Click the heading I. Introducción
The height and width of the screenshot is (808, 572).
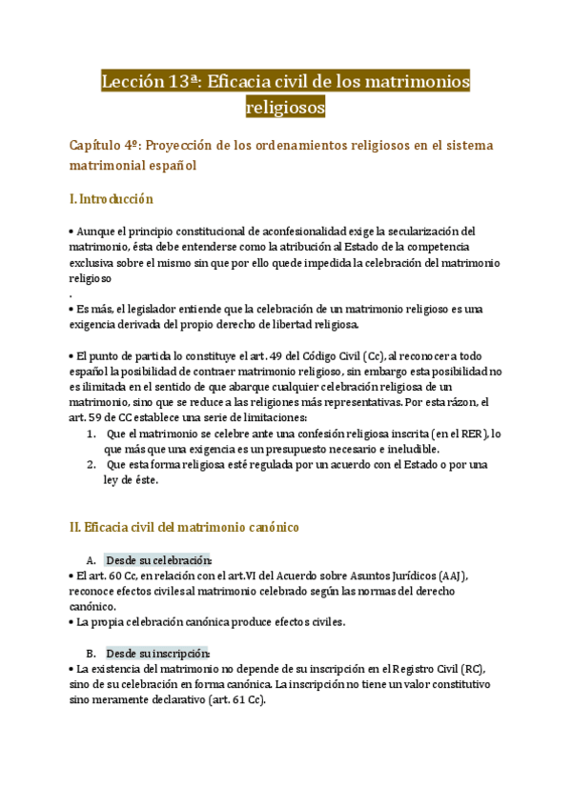click(x=112, y=199)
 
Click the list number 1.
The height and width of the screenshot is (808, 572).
click(x=90, y=434)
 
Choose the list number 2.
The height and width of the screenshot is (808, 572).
click(x=90, y=465)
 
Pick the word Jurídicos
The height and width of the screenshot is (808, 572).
click(x=403, y=576)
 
